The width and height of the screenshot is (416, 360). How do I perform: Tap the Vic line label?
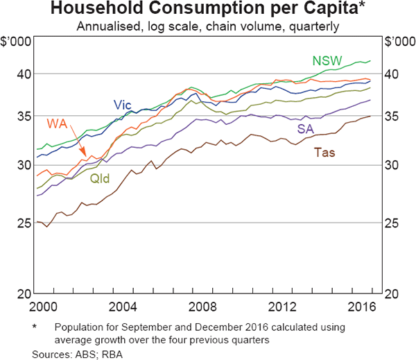pyautogui.click(x=123, y=105)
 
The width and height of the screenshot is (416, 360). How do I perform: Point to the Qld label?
pyautogui.click(x=99, y=178)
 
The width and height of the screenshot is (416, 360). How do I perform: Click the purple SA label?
pyautogui.click(x=306, y=129)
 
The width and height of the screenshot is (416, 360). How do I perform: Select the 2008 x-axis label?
pyautogui.click(x=205, y=307)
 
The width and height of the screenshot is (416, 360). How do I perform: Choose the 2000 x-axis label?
pyautogui.click(x=46, y=307)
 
